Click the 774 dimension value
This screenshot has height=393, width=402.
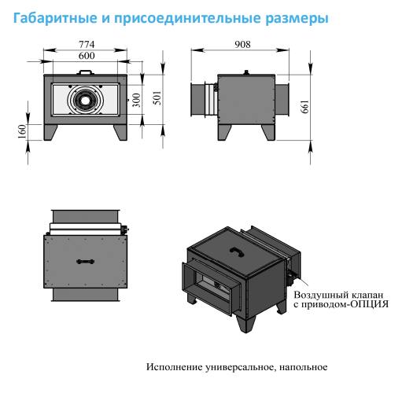(87, 44)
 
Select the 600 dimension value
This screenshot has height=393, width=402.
(87, 56)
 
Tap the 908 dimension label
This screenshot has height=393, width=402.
(242, 44)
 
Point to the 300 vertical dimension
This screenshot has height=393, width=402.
(136, 100)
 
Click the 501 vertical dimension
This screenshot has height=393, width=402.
(157, 98)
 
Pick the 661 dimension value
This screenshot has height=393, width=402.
(304, 106)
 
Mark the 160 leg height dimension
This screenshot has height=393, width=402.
(23, 131)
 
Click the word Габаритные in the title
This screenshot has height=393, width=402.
(55, 18)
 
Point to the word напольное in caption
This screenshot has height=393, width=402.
(303, 367)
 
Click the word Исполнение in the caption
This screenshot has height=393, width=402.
(175, 367)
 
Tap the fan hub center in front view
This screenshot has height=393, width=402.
(84, 100)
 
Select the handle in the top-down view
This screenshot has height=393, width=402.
(85, 261)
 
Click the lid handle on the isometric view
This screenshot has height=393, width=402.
(237, 252)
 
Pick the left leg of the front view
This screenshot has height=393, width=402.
(50, 132)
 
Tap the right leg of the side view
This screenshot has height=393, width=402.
(268, 132)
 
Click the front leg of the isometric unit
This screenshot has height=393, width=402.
(245, 323)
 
